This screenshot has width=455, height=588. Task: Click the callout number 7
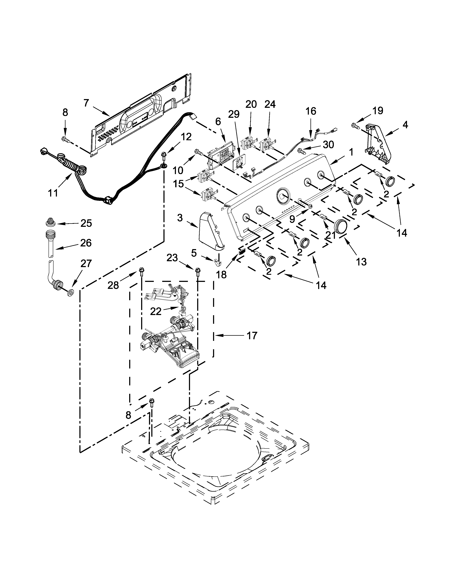click(x=86, y=103)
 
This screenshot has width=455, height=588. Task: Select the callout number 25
click(x=86, y=223)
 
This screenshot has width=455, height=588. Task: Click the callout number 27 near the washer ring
click(x=86, y=263)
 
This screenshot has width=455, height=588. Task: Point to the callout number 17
click(x=252, y=336)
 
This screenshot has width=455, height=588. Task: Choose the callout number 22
click(x=156, y=311)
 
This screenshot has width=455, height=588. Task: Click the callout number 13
click(x=361, y=261)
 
